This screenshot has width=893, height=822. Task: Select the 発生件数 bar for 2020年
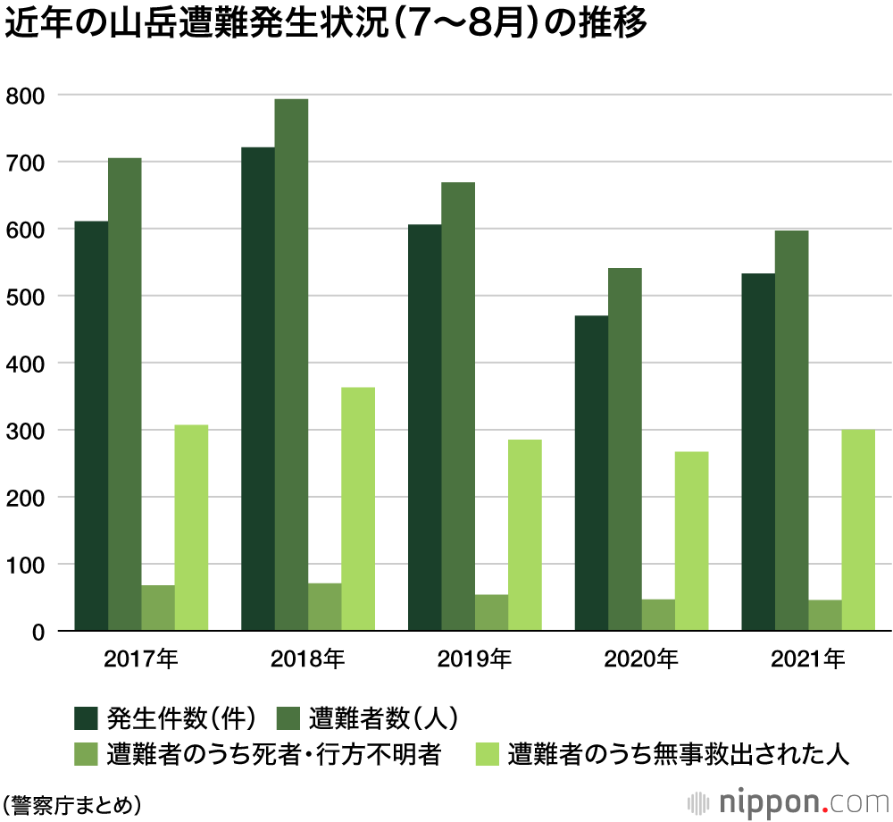(x=591, y=474)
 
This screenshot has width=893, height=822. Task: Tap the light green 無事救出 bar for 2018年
(x=358, y=509)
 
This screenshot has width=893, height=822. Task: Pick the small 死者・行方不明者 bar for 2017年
(x=158, y=608)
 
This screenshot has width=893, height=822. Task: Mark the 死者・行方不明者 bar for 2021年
(x=825, y=616)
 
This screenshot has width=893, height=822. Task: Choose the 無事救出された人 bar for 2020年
(x=691, y=541)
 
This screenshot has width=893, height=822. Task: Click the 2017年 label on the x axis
(x=141, y=660)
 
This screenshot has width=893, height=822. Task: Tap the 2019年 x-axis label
(x=474, y=660)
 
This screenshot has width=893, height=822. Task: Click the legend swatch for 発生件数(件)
(x=87, y=717)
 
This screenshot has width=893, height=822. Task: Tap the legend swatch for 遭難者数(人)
(x=289, y=717)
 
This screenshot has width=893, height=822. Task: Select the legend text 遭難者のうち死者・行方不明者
(x=273, y=755)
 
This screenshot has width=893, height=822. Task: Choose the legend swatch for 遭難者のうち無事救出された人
(x=487, y=755)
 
